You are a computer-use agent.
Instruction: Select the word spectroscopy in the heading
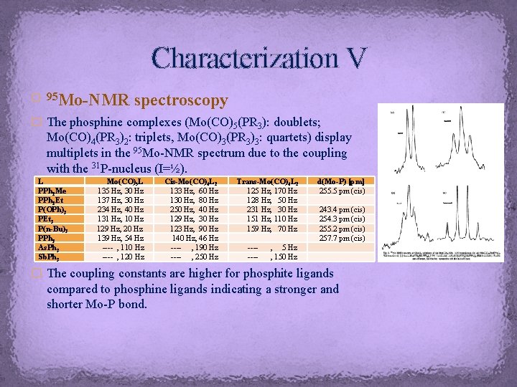(x=182, y=100)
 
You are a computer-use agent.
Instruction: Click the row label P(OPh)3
(x=52, y=210)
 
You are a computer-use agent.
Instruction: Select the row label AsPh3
(x=50, y=247)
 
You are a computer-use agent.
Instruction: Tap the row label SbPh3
(x=50, y=257)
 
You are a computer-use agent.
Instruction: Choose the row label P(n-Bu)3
(x=54, y=229)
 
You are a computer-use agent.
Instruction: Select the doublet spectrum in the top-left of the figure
(x=399, y=140)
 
